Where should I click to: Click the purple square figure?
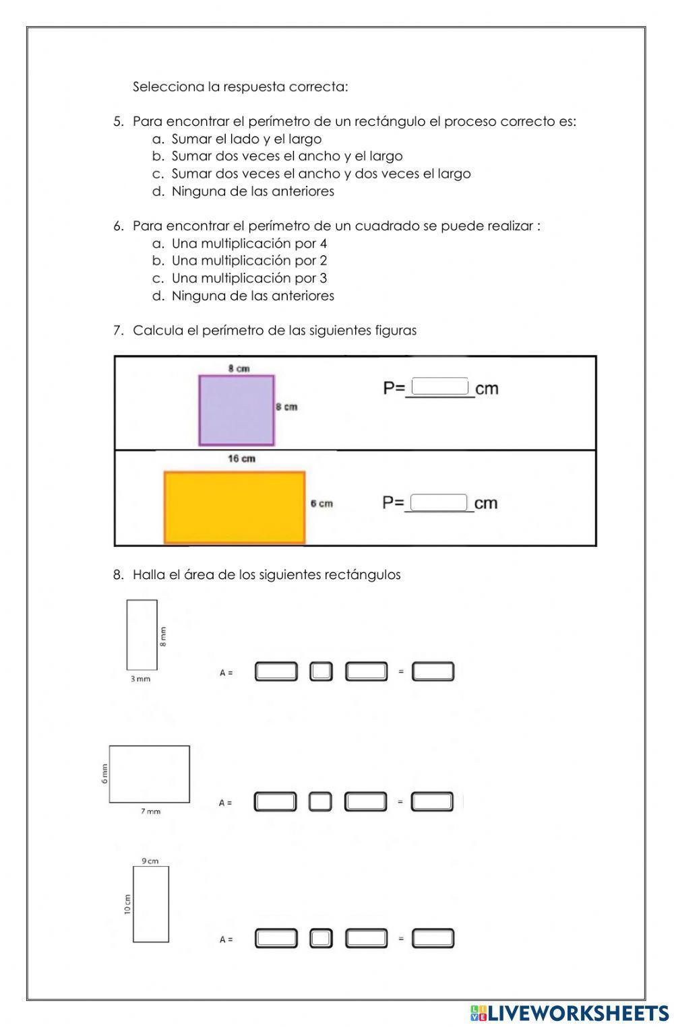tap(237, 410)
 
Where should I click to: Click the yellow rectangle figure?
tap(235, 506)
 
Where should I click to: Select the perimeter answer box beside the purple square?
tap(440, 387)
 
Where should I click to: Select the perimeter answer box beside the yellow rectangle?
tap(439, 502)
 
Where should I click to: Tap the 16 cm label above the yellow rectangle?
tap(241, 459)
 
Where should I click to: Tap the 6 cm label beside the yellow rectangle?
tap(321, 503)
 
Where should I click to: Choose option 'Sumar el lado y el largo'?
tap(246, 139)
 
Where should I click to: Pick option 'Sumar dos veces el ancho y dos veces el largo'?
tap(321, 174)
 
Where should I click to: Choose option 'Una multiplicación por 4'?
tap(249, 243)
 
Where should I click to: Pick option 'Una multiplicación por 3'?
tap(249, 278)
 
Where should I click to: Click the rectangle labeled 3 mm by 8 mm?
tap(142, 634)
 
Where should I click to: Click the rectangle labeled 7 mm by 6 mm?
tap(149, 774)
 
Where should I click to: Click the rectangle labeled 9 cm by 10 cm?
tap(150, 904)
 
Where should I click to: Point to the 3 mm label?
tap(140, 679)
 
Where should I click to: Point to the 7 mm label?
tap(150, 811)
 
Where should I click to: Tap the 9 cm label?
tap(150, 861)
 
